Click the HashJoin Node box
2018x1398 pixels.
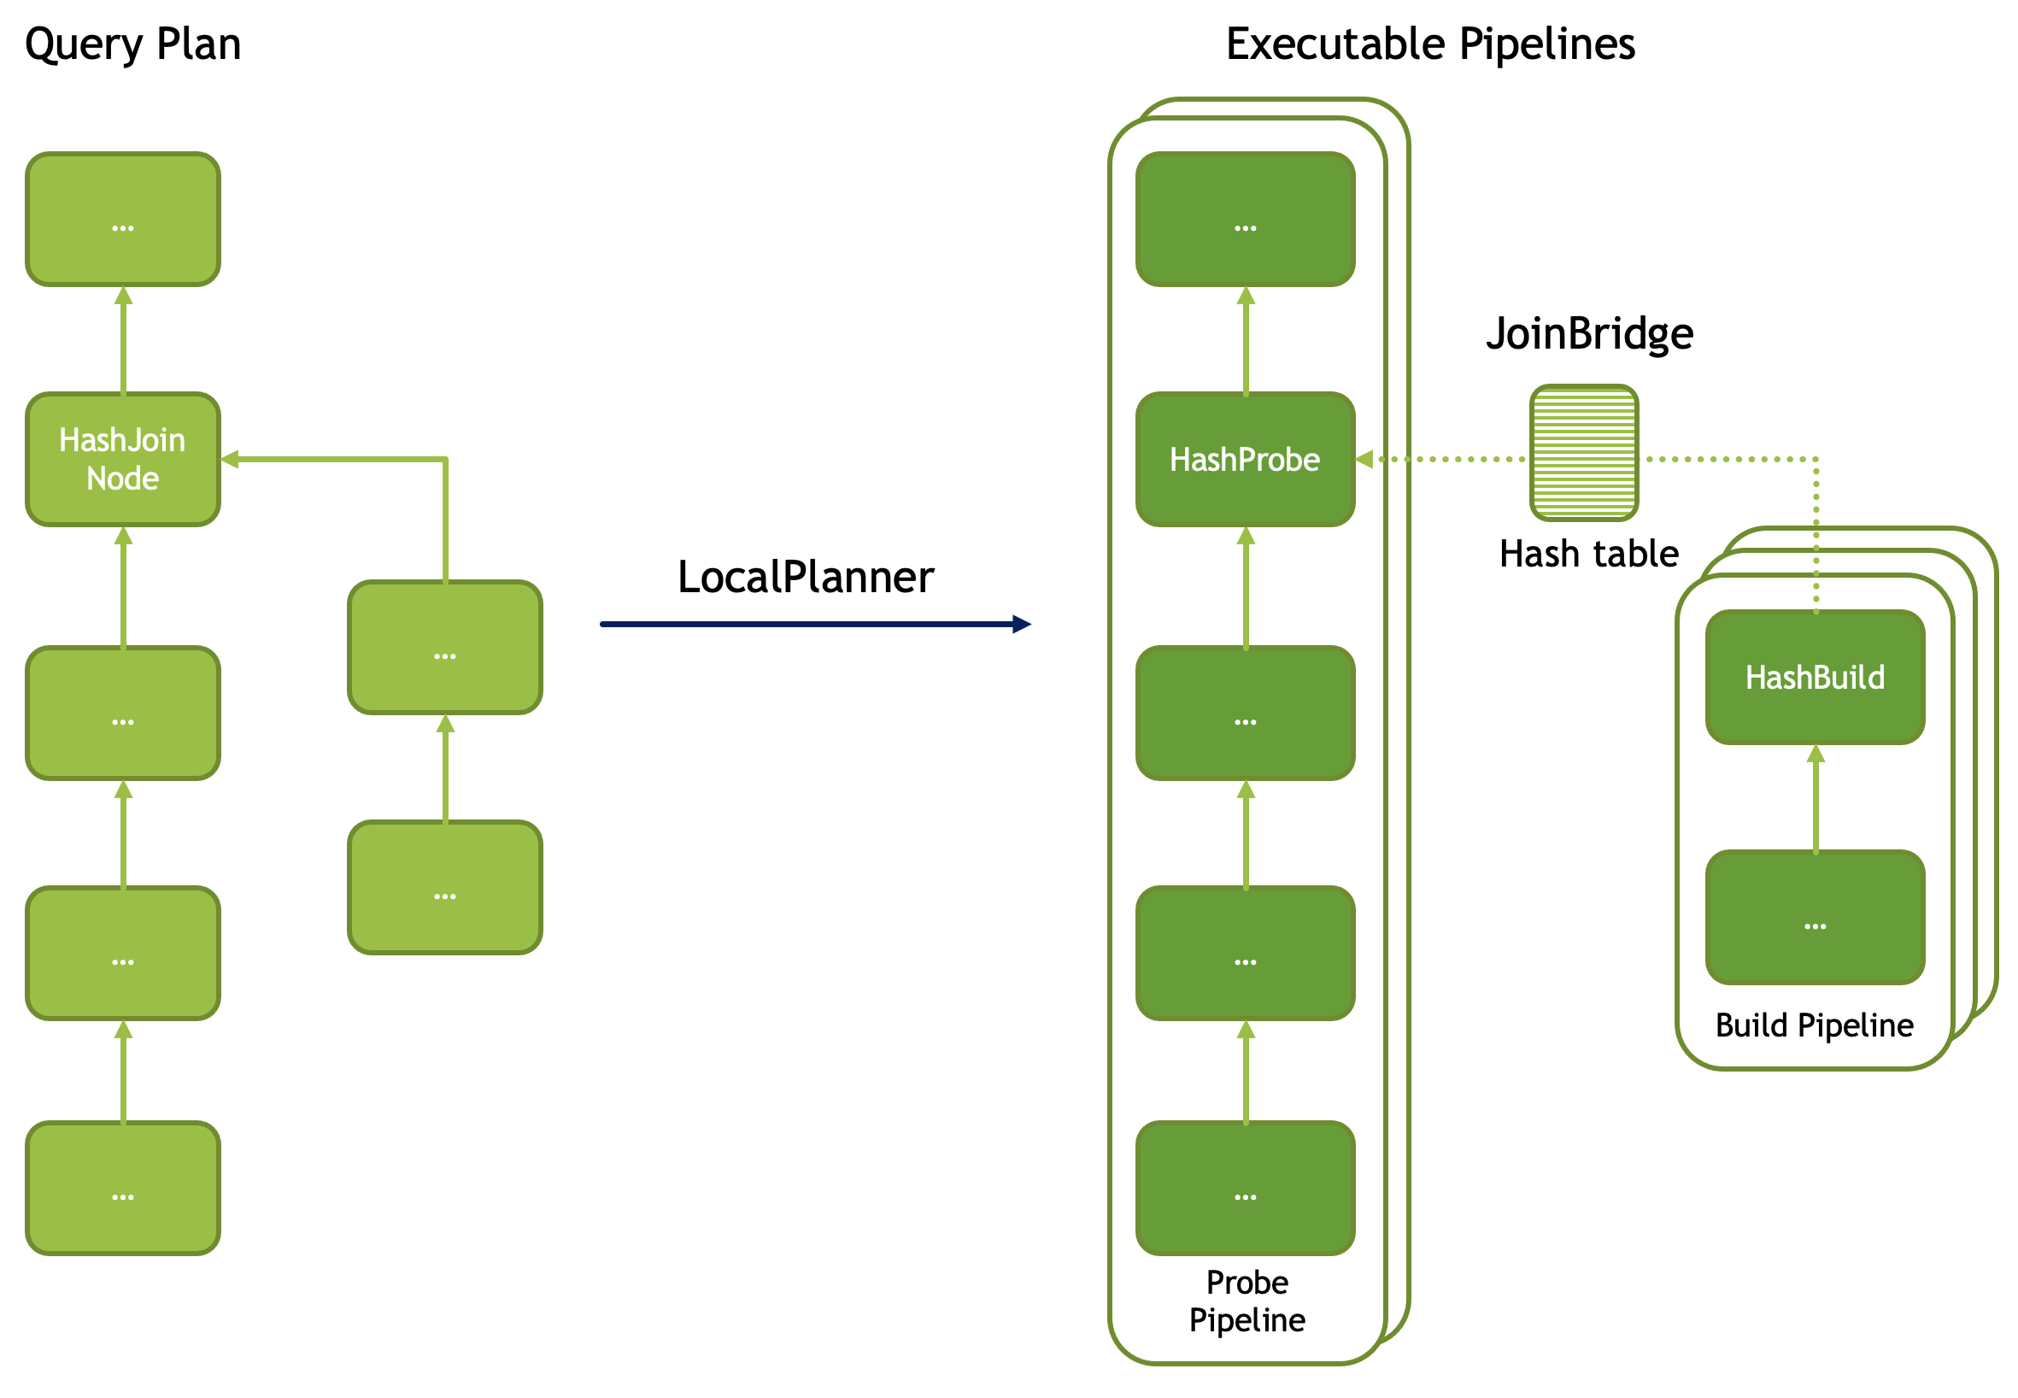(123, 459)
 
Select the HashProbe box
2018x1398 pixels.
(1245, 459)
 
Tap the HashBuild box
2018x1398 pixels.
(1815, 677)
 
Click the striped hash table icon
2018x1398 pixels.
(1584, 453)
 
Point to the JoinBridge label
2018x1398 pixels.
(1589, 334)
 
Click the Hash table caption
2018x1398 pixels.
(1589, 554)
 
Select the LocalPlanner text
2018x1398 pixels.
(806, 578)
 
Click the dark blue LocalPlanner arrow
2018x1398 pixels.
(815, 625)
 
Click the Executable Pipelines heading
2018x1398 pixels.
(1430, 44)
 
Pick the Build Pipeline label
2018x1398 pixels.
(1814, 1025)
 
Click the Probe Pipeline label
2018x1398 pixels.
(1247, 1301)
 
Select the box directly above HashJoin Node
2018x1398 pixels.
(123, 219)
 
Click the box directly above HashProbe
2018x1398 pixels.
(1245, 219)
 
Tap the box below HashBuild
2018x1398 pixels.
(1815, 917)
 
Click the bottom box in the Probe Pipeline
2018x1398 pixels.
(1245, 1188)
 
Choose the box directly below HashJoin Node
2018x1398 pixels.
(123, 713)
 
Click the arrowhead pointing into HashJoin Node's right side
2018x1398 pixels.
(230, 459)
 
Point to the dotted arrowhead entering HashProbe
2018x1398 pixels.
(1364, 459)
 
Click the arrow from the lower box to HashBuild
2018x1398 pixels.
(1816, 798)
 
